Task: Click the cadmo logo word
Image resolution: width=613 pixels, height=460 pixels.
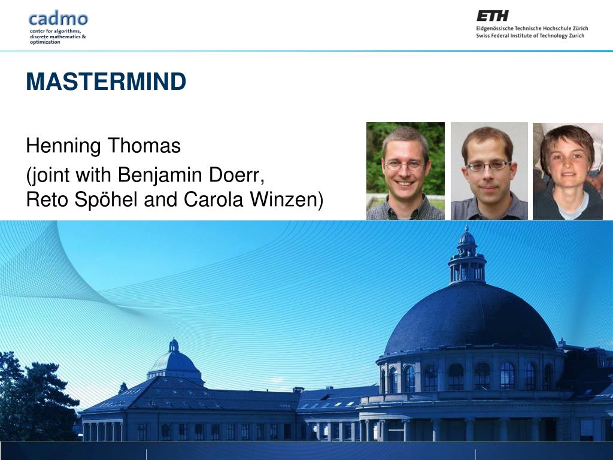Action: (x=58, y=17)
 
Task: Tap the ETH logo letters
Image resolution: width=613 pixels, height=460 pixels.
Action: (x=492, y=16)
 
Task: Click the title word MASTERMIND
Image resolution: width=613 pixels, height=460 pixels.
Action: (x=106, y=81)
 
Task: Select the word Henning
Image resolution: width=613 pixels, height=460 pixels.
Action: (x=64, y=146)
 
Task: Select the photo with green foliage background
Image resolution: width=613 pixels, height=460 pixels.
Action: (x=405, y=171)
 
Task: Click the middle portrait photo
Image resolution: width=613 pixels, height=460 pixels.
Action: (x=489, y=171)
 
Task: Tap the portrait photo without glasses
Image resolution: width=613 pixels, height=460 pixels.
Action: (x=568, y=171)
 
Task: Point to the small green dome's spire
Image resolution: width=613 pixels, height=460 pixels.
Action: (x=174, y=345)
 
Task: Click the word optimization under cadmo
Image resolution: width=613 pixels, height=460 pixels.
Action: (x=45, y=43)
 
